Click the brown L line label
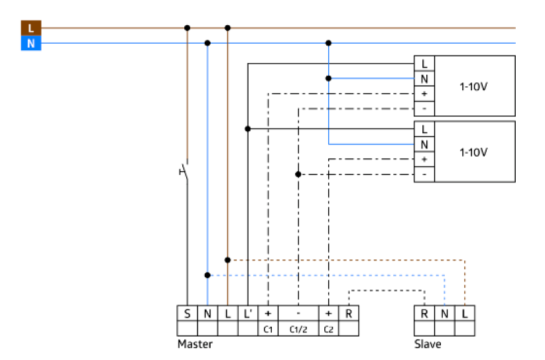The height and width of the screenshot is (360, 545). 30,29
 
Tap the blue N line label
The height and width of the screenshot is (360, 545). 30,44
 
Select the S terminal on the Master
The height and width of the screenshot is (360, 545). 187,312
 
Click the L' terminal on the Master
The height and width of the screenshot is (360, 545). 247,312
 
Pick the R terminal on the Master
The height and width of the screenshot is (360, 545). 349,312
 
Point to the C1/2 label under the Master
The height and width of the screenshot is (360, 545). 298,328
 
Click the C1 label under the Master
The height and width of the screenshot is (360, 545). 268,328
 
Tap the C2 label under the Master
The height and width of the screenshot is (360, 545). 328,328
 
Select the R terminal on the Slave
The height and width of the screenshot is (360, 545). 424,312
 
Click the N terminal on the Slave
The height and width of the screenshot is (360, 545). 445,312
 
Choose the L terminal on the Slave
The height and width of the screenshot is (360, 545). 465,312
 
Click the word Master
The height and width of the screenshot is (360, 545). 195,345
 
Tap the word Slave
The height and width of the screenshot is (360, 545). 428,345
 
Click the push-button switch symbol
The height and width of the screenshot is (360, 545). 184,172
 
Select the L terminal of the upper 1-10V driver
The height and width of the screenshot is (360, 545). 424,64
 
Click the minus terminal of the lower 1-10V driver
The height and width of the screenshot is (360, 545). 424,174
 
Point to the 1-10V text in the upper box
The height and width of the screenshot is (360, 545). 473,86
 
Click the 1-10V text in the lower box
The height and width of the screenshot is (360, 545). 473,152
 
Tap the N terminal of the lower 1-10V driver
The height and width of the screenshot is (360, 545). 424,144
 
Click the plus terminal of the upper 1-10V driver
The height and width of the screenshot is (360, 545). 424,93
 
